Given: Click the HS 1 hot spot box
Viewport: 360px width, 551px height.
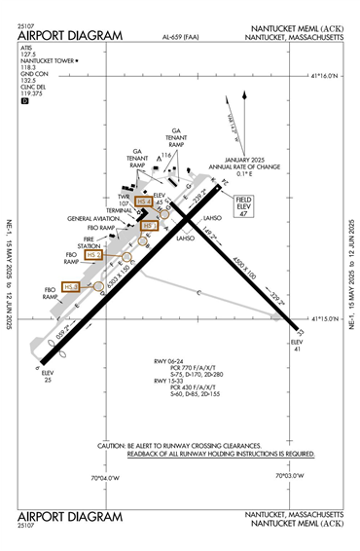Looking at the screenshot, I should (149, 225).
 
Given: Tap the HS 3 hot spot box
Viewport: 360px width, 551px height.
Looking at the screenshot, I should (70, 287).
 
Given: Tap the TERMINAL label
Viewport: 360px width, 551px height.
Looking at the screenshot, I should (120, 209).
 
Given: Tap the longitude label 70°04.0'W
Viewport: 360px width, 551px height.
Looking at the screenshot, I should (104, 477).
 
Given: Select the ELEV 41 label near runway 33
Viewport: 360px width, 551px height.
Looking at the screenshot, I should (298, 348).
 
